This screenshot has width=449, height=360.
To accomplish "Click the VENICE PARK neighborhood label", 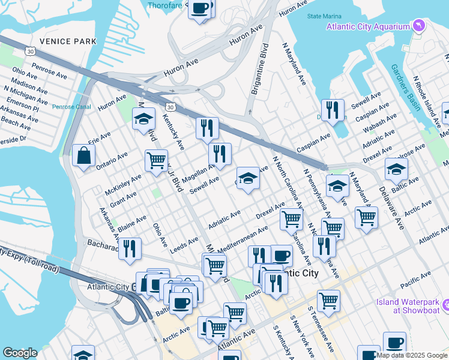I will (x=67, y=41).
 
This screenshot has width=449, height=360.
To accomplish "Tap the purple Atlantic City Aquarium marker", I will (x=419, y=26).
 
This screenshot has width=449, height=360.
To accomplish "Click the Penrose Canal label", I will (x=71, y=107).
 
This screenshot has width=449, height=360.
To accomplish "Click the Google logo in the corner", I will (x=20, y=353).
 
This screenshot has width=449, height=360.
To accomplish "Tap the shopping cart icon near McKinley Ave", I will (x=156, y=160).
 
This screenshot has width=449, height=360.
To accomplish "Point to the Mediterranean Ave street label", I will (x=243, y=238).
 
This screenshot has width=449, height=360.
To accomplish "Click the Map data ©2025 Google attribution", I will (x=412, y=355).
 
